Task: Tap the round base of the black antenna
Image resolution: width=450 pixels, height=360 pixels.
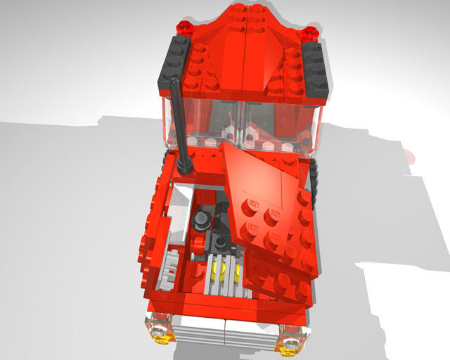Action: click(x=186, y=166)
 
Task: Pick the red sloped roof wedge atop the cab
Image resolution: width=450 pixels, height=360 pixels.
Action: click(x=243, y=49)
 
